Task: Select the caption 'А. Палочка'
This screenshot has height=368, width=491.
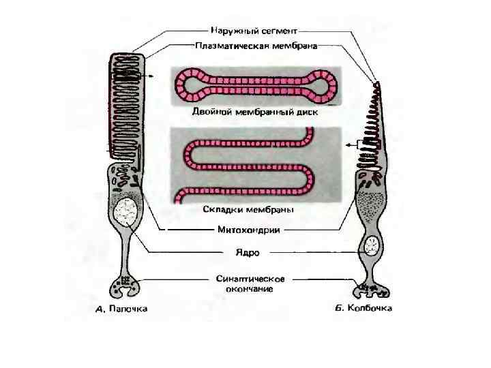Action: (121, 309)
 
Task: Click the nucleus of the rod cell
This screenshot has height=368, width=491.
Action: (127, 213)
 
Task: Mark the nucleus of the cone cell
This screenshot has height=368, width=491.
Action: (372, 245)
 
